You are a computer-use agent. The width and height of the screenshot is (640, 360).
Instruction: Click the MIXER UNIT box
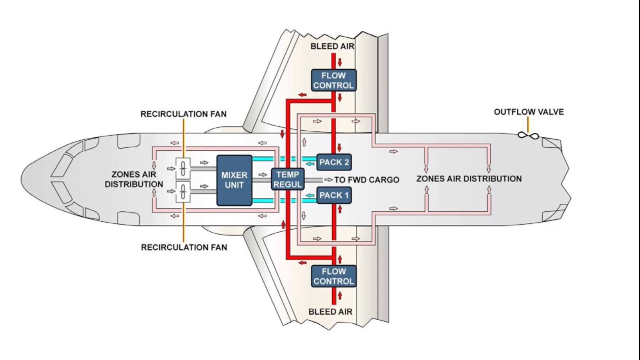[x=234, y=180]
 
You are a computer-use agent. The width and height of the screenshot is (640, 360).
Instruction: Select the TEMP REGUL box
[x=288, y=179]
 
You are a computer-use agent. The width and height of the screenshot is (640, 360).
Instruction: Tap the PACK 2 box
[x=334, y=162]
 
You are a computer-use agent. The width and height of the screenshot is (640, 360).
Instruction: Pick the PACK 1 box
[x=334, y=195]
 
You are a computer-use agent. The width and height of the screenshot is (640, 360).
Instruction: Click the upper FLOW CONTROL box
[x=334, y=81]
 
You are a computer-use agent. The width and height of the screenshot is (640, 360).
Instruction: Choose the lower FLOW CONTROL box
[x=334, y=276]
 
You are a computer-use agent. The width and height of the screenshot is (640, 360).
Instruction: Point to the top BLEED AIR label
[x=332, y=46]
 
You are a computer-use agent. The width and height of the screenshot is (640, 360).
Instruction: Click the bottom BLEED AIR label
[x=330, y=312]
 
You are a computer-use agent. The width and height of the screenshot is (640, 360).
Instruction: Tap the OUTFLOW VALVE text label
[x=529, y=112]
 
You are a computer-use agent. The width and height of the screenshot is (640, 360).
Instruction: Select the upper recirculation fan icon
[x=183, y=169]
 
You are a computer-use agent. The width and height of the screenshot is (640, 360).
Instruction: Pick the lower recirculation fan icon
[x=183, y=191]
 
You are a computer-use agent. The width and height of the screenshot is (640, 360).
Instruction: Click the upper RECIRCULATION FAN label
[x=183, y=114]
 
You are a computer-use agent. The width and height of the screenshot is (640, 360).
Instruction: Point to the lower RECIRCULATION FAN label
[x=184, y=247]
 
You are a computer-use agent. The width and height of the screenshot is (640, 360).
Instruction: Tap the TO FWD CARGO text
[x=367, y=180]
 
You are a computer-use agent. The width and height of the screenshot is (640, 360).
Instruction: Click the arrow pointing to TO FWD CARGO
[x=328, y=179]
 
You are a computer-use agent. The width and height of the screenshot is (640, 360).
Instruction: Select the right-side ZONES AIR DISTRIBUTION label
[x=469, y=179]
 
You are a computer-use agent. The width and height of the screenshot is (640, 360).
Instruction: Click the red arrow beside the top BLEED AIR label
[x=340, y=62]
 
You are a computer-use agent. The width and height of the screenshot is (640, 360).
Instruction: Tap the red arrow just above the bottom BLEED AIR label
[x=340, y=295]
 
